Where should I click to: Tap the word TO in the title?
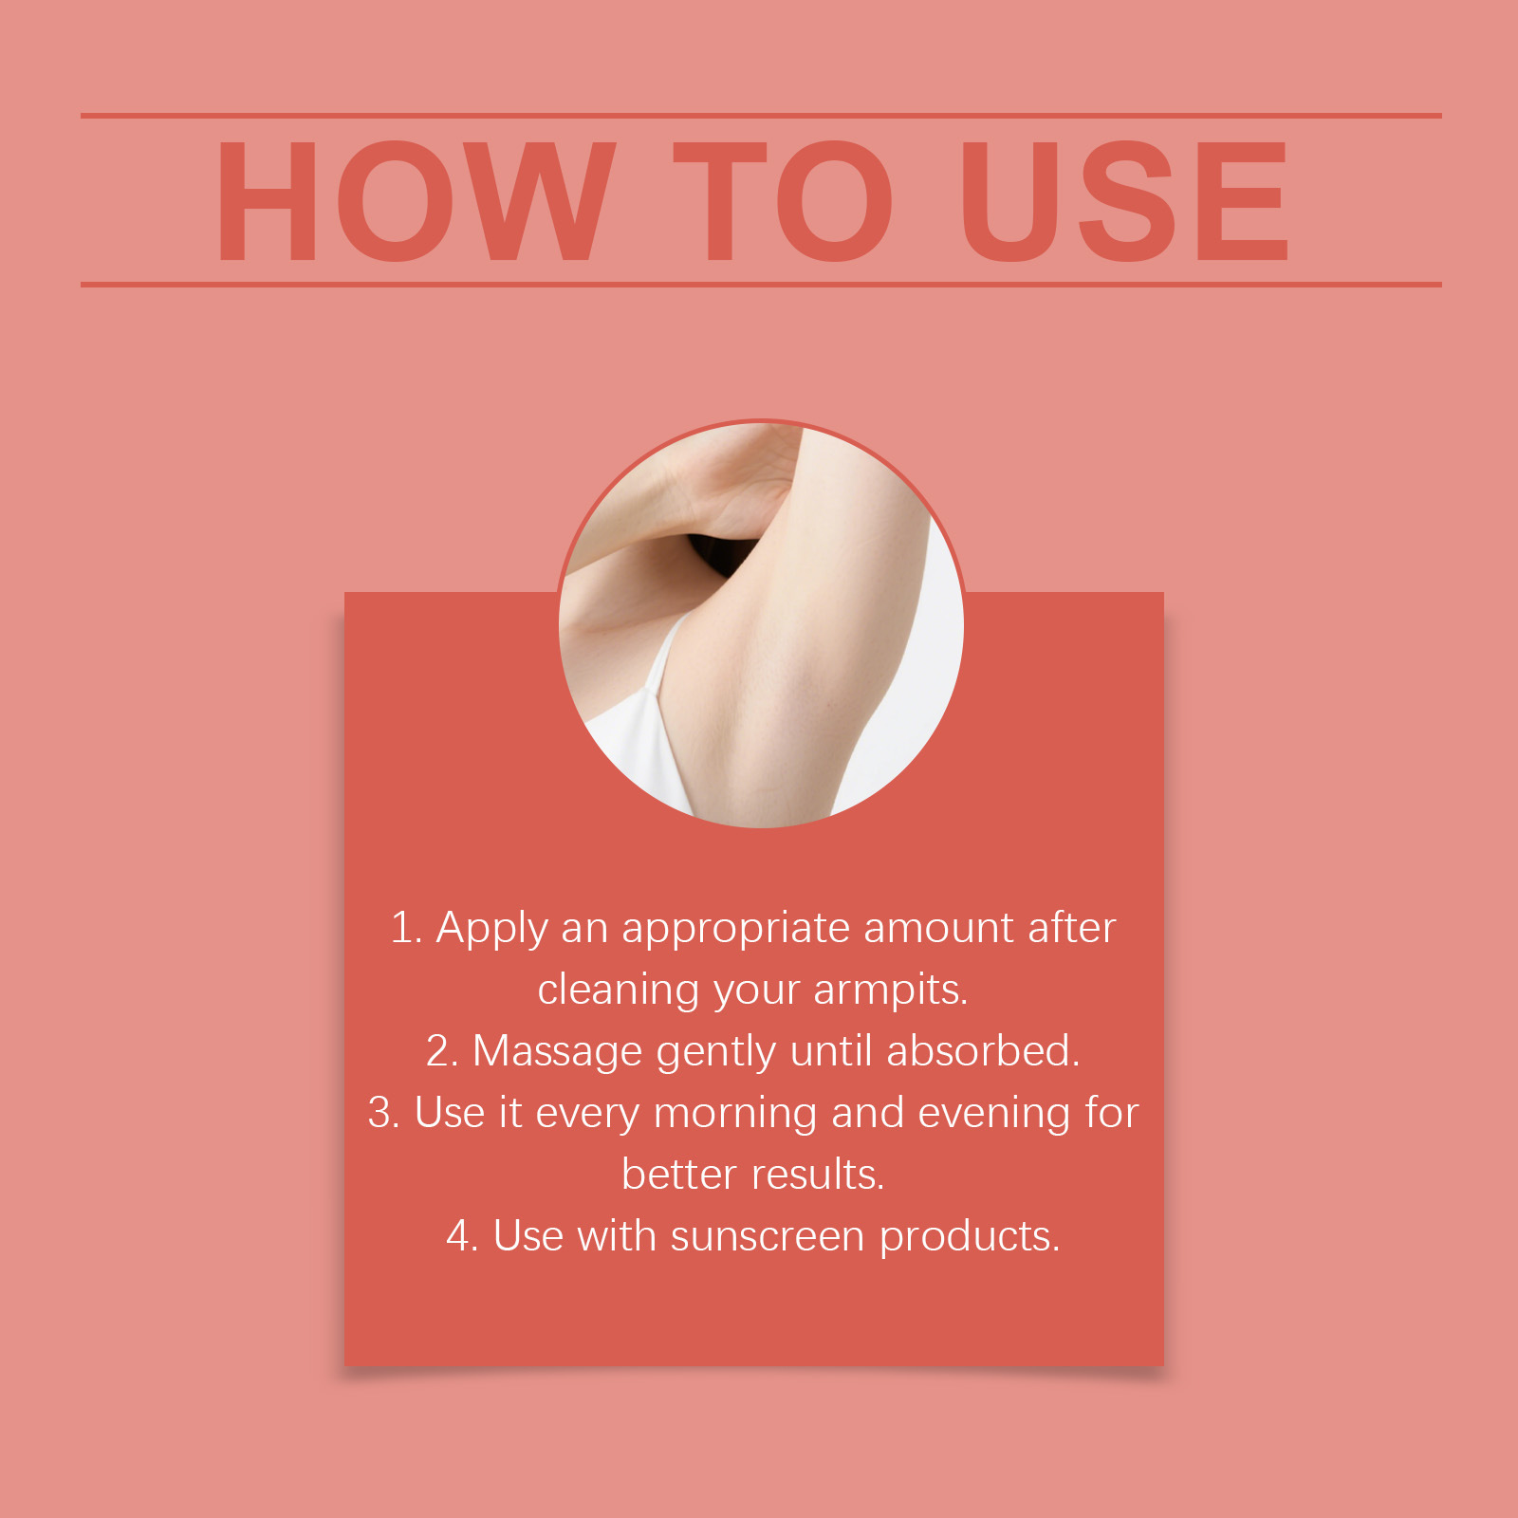[x=784, y=200]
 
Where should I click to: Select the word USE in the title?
[x=1124, y=200]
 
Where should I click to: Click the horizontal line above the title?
[x=761, y=116]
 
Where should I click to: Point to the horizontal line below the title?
[x=761, y=284]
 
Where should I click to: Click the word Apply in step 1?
[x=491, y=929]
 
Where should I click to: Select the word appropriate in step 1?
[x=735, y=929]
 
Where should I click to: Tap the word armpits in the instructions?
[x=890, y=990]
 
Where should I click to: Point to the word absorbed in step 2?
[x=983, y=1051]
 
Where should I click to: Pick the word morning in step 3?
[x=735, y=1114]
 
